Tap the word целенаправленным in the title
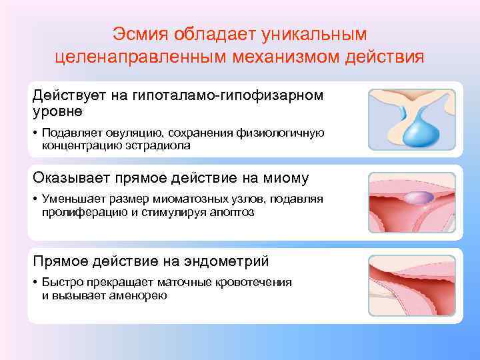(140, 56)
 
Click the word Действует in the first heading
(69, 95)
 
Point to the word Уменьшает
(73, 199)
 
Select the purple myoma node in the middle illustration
(415, 197)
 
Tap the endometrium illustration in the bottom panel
(412, 285)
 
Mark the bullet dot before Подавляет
(35, 133)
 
